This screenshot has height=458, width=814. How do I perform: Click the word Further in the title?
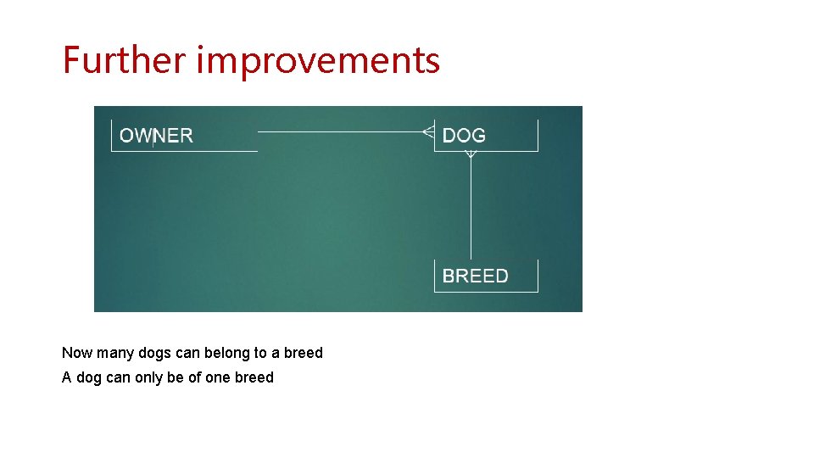pyautogui.click(x=125, y=60)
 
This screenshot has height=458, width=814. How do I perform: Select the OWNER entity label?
pyautogui.click(x=156, y=136)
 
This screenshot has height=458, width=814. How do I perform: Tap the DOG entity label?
pyautogui.click(x=464, y=136)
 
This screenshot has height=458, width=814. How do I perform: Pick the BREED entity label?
pyautogui.click(x=476, y=276)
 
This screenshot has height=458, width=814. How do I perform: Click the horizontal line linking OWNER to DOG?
pyautogui.click(x=339, y=132)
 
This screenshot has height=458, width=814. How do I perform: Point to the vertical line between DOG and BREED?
pyautogui.click(x=471, y=208)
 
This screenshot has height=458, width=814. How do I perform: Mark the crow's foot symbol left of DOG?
pyautogui.click(x=428, y=131)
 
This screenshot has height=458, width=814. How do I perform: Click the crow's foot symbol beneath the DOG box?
pyautogui.click(x=471, y=154)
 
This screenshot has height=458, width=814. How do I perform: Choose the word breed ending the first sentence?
pyautogui.click(x=304, y=353)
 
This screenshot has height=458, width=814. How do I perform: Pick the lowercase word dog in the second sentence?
pyautogui.click(x=89, y=378)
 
